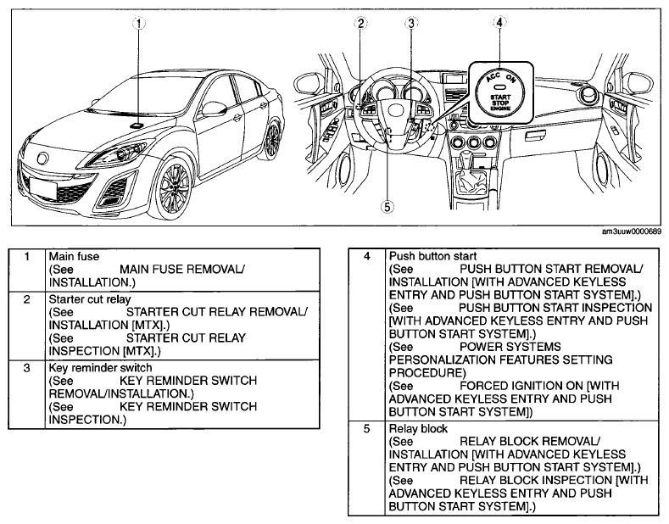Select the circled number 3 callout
pos(411,24)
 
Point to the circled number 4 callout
pos(500,24)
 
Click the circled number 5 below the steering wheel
pos(387,206)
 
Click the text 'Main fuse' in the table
pos(74,254)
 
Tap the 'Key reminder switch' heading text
pos(100,368)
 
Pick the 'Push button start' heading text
pos(430,254)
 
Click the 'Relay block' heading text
pos(416,430)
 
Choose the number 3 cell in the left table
pos(27,368)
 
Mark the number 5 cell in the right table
pos(366,430)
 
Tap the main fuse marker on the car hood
pos(136,125)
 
